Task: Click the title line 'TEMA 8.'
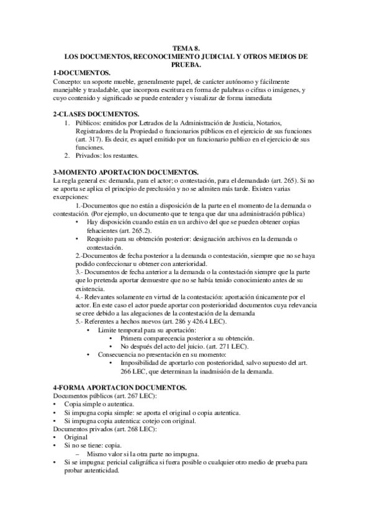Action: click(186, 48)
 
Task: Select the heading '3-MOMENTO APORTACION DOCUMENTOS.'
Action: click(127, 172)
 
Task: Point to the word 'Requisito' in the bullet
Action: click(101, 239)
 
